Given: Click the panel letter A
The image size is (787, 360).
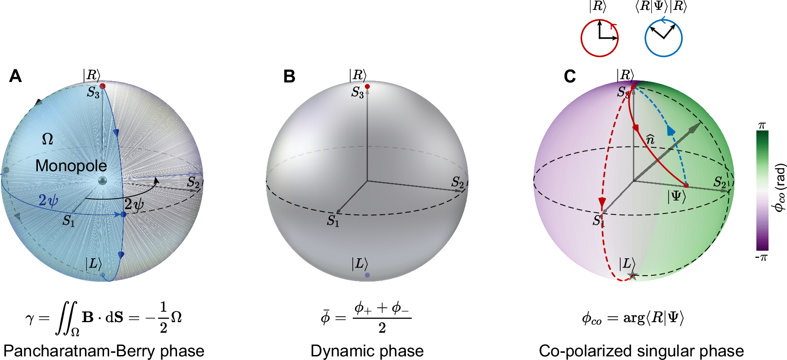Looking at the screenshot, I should point(15,76).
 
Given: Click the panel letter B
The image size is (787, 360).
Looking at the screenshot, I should point(289,77).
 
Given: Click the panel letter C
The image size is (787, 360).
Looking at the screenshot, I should point(570,77).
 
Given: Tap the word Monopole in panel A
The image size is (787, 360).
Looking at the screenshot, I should point(71,166).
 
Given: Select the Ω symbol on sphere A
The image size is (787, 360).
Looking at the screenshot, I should point(47,139).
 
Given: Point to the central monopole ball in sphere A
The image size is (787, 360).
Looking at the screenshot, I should point(103,181).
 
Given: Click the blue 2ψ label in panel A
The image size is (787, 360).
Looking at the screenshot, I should point(48,200).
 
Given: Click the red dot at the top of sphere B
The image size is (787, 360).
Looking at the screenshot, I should point(367,87).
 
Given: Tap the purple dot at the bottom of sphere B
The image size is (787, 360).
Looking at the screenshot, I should point(367,275).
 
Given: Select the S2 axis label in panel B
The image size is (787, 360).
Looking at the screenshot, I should point(458,182).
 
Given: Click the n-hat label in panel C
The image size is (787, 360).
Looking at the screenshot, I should point(650,139).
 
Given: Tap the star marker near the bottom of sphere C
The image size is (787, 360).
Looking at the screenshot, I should point(632,276).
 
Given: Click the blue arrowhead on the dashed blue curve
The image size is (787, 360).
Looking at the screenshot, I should point(671,131).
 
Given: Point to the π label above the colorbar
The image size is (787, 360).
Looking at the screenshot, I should point(762,126).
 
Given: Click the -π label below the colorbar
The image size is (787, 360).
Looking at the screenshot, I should point(761,258).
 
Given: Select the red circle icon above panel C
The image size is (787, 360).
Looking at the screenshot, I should point(599,38).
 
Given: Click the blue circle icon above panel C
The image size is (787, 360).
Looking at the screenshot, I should point(663,38).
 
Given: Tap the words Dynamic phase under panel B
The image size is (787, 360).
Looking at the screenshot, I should point(367,351).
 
